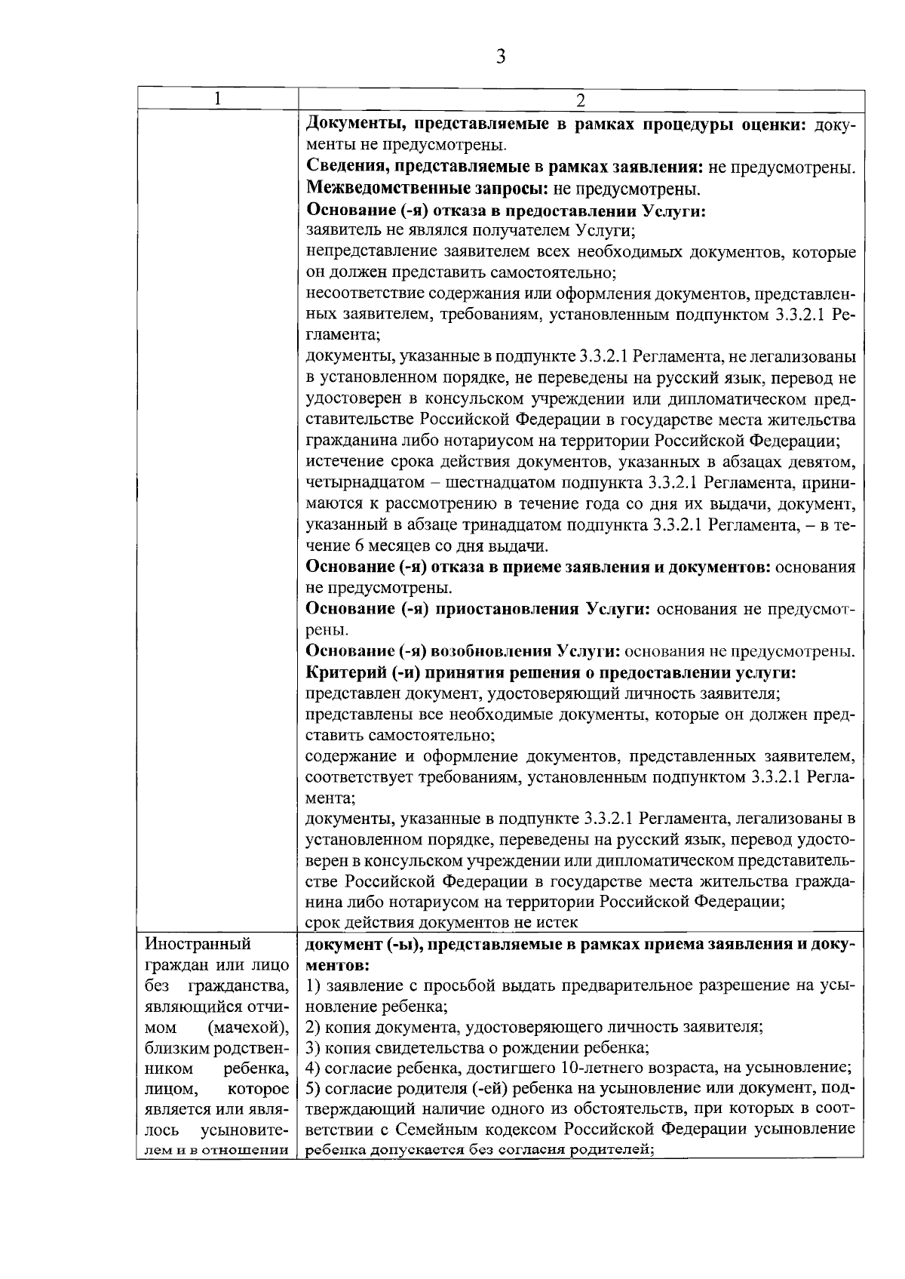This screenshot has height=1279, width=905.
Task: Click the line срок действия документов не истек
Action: [x=441, y=922]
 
